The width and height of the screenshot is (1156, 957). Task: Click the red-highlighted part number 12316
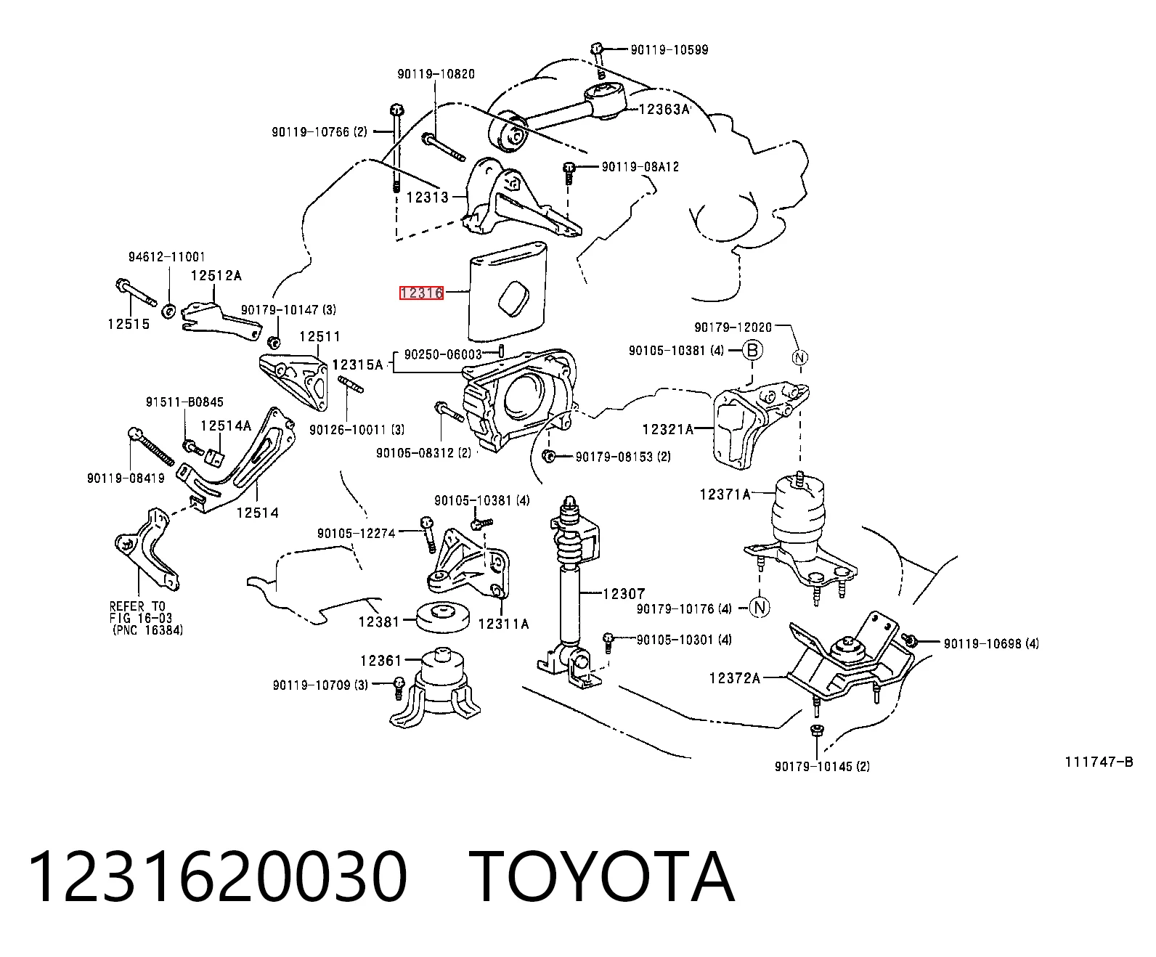421,293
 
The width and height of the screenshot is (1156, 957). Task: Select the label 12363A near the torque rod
664,110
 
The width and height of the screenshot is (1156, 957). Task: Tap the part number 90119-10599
669,50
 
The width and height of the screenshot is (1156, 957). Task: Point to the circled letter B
752,351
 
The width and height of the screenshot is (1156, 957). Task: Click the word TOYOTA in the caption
602,876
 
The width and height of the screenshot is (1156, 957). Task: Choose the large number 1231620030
218,876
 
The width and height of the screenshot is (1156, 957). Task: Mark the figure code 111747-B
1099,762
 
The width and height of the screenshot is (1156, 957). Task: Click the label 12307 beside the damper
624,594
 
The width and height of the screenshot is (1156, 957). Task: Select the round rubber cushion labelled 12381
443,617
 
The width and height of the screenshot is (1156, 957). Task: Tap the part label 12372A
735,678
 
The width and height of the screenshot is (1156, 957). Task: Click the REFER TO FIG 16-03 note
146,618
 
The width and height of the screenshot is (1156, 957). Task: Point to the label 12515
129,324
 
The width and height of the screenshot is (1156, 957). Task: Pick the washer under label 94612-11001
169,311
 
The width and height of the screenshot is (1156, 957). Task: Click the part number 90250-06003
443,354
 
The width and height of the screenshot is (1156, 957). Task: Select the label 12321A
668,429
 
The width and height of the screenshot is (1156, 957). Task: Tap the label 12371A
725,494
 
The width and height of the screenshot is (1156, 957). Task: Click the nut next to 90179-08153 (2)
549,456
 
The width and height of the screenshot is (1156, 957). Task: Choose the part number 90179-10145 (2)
822,767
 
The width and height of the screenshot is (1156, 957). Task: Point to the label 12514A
226,425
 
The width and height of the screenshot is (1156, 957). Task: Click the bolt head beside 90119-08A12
569,167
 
